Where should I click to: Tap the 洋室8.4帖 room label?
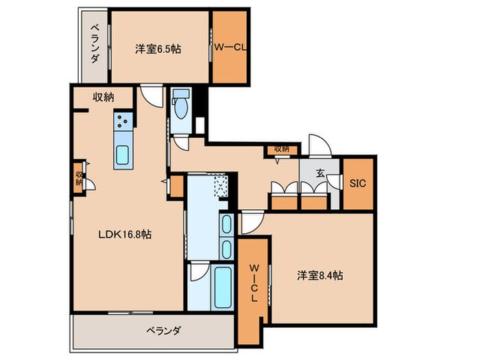tap(320, 275)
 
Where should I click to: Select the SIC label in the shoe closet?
tap(358, 184)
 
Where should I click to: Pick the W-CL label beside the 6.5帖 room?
tap(229, 48)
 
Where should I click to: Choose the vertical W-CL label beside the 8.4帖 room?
tap(253, 280)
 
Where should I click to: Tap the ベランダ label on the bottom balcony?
tap(163, 331)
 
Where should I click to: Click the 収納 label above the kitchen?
tap(104, 97)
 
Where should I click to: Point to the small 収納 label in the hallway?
tap(282, 148)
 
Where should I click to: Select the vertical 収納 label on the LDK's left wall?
tap(79, 178)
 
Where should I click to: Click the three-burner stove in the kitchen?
tap(123, 122)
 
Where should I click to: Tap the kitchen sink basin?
tap(123, 156)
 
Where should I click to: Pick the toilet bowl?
tap(181, 110)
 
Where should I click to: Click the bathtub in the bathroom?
tap(221, 286)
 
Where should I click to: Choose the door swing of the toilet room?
tap(180, 143)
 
